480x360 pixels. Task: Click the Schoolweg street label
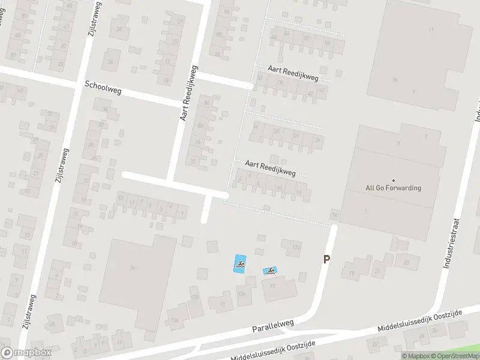tap(104, 88)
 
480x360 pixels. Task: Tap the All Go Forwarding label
tap(394, 188)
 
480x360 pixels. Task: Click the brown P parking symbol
tap(327, 259)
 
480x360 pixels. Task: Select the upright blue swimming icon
tap(239, 263)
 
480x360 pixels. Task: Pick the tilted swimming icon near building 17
tap(271, 271)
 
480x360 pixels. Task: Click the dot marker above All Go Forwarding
tap(394, 180)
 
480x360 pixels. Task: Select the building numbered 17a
tap(295, 247)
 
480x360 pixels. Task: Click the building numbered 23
tap(407, 262)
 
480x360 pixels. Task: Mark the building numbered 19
tap(352, 274)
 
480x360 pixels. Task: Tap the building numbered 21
tap(377, 271)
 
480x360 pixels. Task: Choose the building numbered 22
tap(376, 344)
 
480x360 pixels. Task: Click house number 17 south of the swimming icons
tap(273, 286)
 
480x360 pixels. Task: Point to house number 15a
tap(242, 293)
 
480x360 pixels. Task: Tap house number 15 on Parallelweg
tap(223, 304)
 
